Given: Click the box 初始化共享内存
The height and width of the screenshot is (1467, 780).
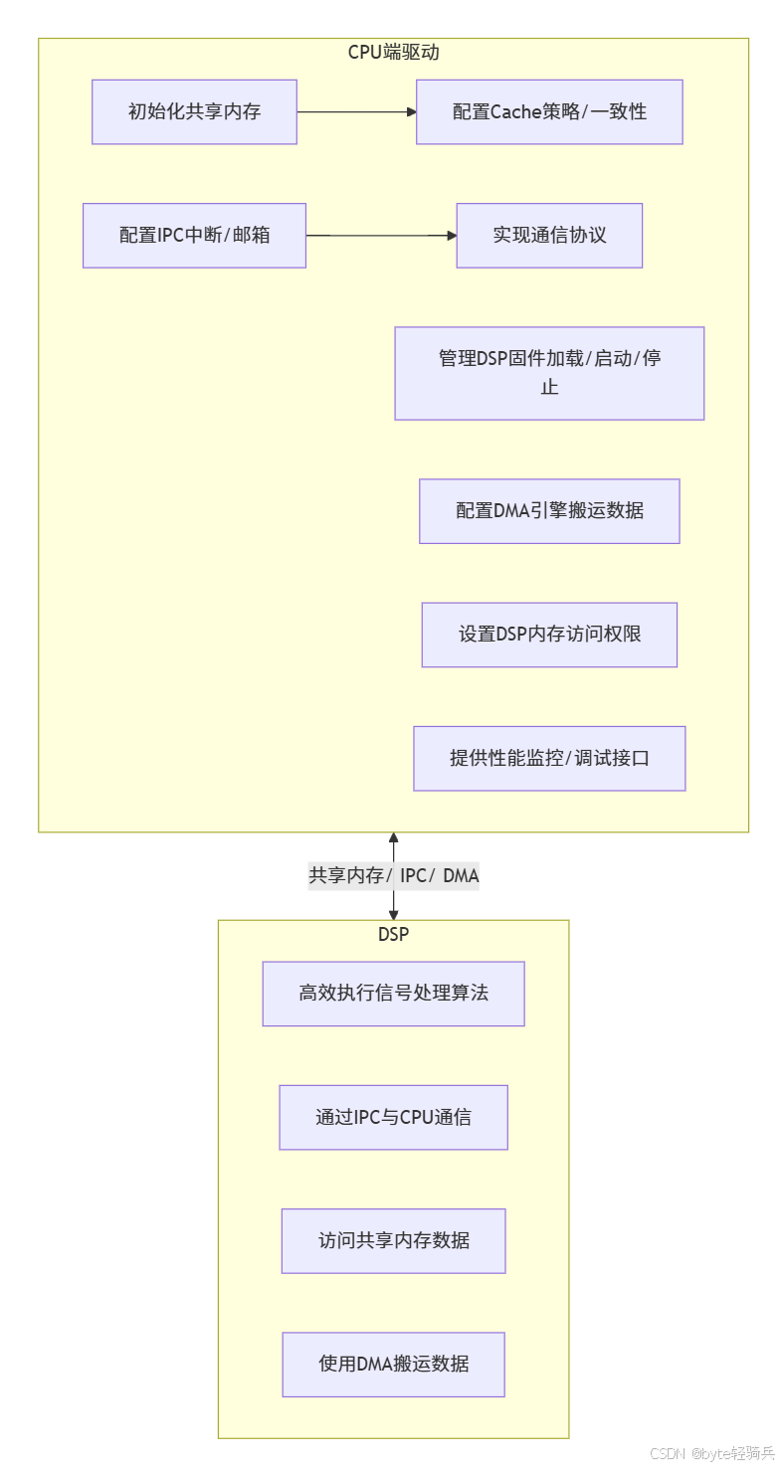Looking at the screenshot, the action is (194, 111).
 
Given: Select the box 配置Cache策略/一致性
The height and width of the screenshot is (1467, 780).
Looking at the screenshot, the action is (549, 111).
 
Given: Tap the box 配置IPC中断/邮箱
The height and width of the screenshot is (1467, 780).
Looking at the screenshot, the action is (194, 236).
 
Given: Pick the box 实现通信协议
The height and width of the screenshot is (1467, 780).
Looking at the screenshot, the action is (549, 236).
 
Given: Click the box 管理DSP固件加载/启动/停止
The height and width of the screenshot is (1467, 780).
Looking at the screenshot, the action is (549, 373).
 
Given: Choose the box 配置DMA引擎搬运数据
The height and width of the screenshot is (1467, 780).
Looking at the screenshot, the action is (549, 511).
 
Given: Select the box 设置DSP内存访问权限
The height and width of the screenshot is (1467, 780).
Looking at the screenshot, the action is (549, 635).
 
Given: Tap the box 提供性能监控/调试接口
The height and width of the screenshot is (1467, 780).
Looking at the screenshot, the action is (549, 758).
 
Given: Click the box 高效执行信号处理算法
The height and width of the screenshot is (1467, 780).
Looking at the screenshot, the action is (393, 994).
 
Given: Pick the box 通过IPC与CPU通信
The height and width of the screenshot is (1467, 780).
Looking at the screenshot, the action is (393, 1117).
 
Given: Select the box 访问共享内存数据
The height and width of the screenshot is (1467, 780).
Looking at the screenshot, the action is (393, 1240).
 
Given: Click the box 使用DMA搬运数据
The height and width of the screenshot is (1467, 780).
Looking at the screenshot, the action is (393, 1364).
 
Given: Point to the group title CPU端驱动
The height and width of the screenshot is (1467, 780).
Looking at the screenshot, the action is (393, 53).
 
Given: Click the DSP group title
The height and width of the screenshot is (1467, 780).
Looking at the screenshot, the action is (393, 934).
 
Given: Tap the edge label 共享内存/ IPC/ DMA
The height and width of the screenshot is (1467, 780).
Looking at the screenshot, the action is (393, 876).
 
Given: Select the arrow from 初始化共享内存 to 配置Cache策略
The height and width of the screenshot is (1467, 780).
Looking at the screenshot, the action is (356, 112).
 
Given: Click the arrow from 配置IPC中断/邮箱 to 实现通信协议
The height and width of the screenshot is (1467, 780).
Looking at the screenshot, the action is (381, 236).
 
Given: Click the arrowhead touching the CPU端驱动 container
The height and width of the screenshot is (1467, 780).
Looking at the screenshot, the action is (393, 838).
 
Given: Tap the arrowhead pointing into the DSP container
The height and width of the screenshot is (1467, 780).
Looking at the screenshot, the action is (393, 913).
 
